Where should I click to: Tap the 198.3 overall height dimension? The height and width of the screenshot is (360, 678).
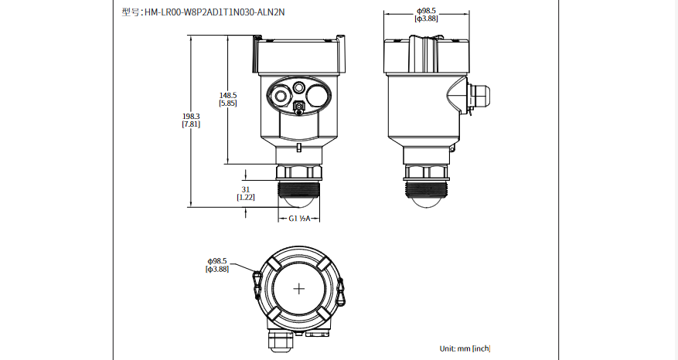191,116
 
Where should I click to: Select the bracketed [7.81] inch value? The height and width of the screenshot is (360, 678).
191,124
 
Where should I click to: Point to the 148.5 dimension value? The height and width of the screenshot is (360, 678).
228,95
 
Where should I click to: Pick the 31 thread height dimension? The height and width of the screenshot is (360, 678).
246,189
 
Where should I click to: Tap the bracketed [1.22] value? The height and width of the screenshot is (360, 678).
246,198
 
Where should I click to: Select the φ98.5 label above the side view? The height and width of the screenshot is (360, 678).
427,10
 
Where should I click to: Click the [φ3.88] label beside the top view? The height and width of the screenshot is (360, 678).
217,270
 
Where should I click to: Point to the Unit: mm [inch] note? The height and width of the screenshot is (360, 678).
465,348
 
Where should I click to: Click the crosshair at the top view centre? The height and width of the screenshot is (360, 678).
299,288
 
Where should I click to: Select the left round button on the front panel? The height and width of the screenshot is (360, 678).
278,96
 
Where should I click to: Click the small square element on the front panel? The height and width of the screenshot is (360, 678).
299,107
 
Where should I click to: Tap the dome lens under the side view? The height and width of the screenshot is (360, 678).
426,199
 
